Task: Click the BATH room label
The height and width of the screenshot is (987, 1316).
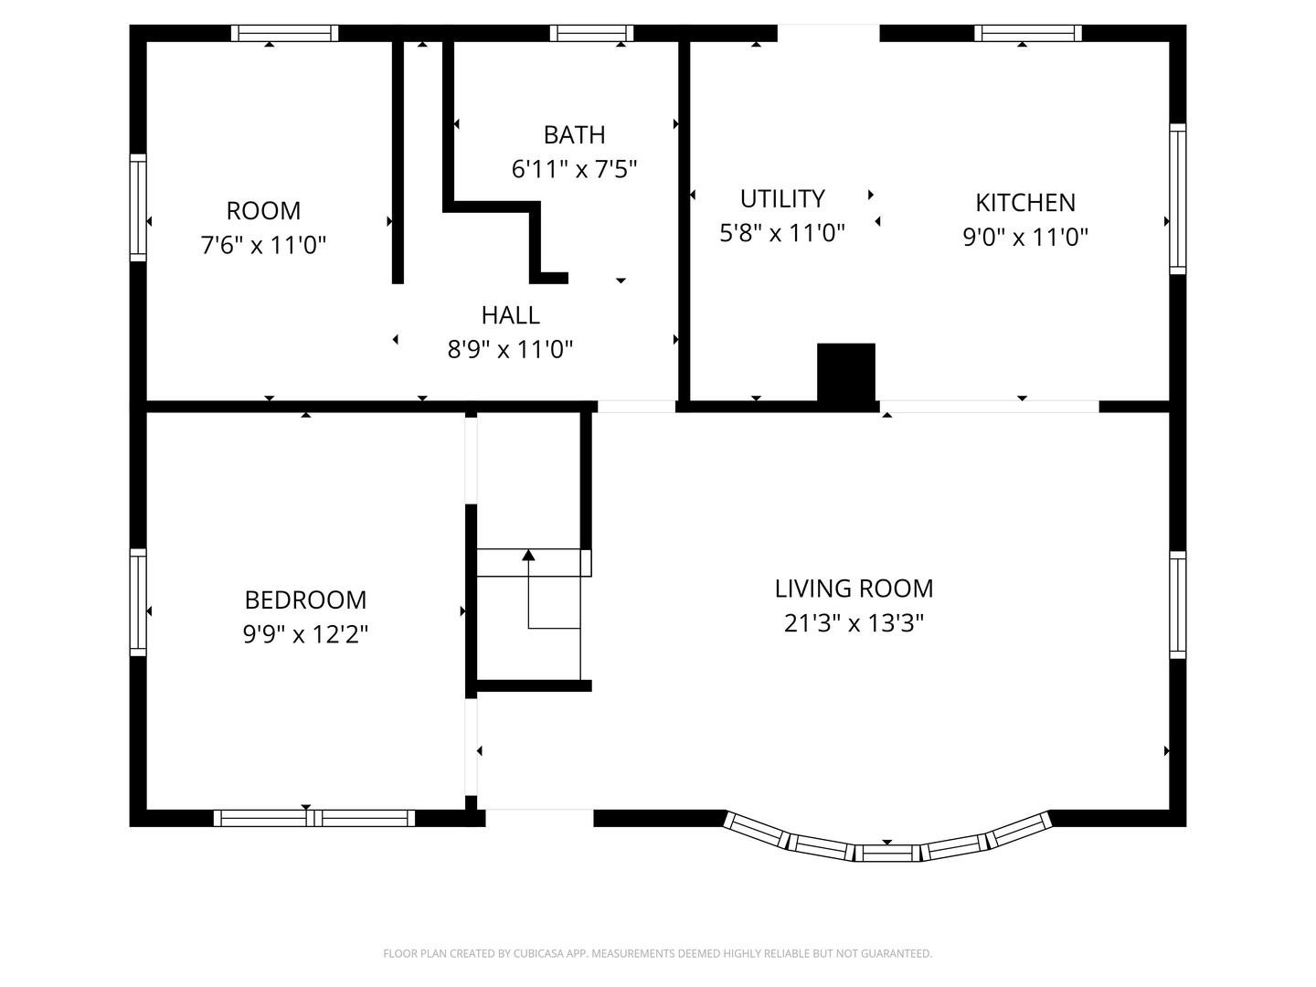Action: click(574, 135)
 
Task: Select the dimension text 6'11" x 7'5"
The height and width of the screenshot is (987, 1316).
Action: click(574, 169)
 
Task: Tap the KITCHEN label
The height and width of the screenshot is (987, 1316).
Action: click(1025, 202)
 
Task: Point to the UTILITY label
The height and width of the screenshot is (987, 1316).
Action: click(782, 198)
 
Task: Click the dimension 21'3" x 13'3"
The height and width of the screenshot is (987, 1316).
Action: click(854, 623)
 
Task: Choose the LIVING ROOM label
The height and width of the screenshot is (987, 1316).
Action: click(854, 589)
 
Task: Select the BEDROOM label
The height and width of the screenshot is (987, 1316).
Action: click(305, 600)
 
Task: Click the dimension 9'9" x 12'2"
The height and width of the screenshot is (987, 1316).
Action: click(305, 634)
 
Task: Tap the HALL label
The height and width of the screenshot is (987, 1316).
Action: click(510, 315)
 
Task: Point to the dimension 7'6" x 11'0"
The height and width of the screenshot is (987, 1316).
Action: click(263, 245)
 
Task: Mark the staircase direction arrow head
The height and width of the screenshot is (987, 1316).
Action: click(528, 555)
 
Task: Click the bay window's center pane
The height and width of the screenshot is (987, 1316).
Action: click(887, 854)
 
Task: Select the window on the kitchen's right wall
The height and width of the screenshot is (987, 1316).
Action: click(1178, 198)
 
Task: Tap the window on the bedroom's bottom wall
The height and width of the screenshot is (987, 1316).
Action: click(314, 818)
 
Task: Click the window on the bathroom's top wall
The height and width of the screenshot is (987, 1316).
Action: click(591, 34)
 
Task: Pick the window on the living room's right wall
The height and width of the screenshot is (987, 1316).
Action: click(1178, 605)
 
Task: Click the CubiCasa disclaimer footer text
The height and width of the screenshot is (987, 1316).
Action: click(657, 954)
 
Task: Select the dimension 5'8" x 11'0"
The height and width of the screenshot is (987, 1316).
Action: click(782, 233)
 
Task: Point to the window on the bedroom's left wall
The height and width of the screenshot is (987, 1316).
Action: click(138, 602)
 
